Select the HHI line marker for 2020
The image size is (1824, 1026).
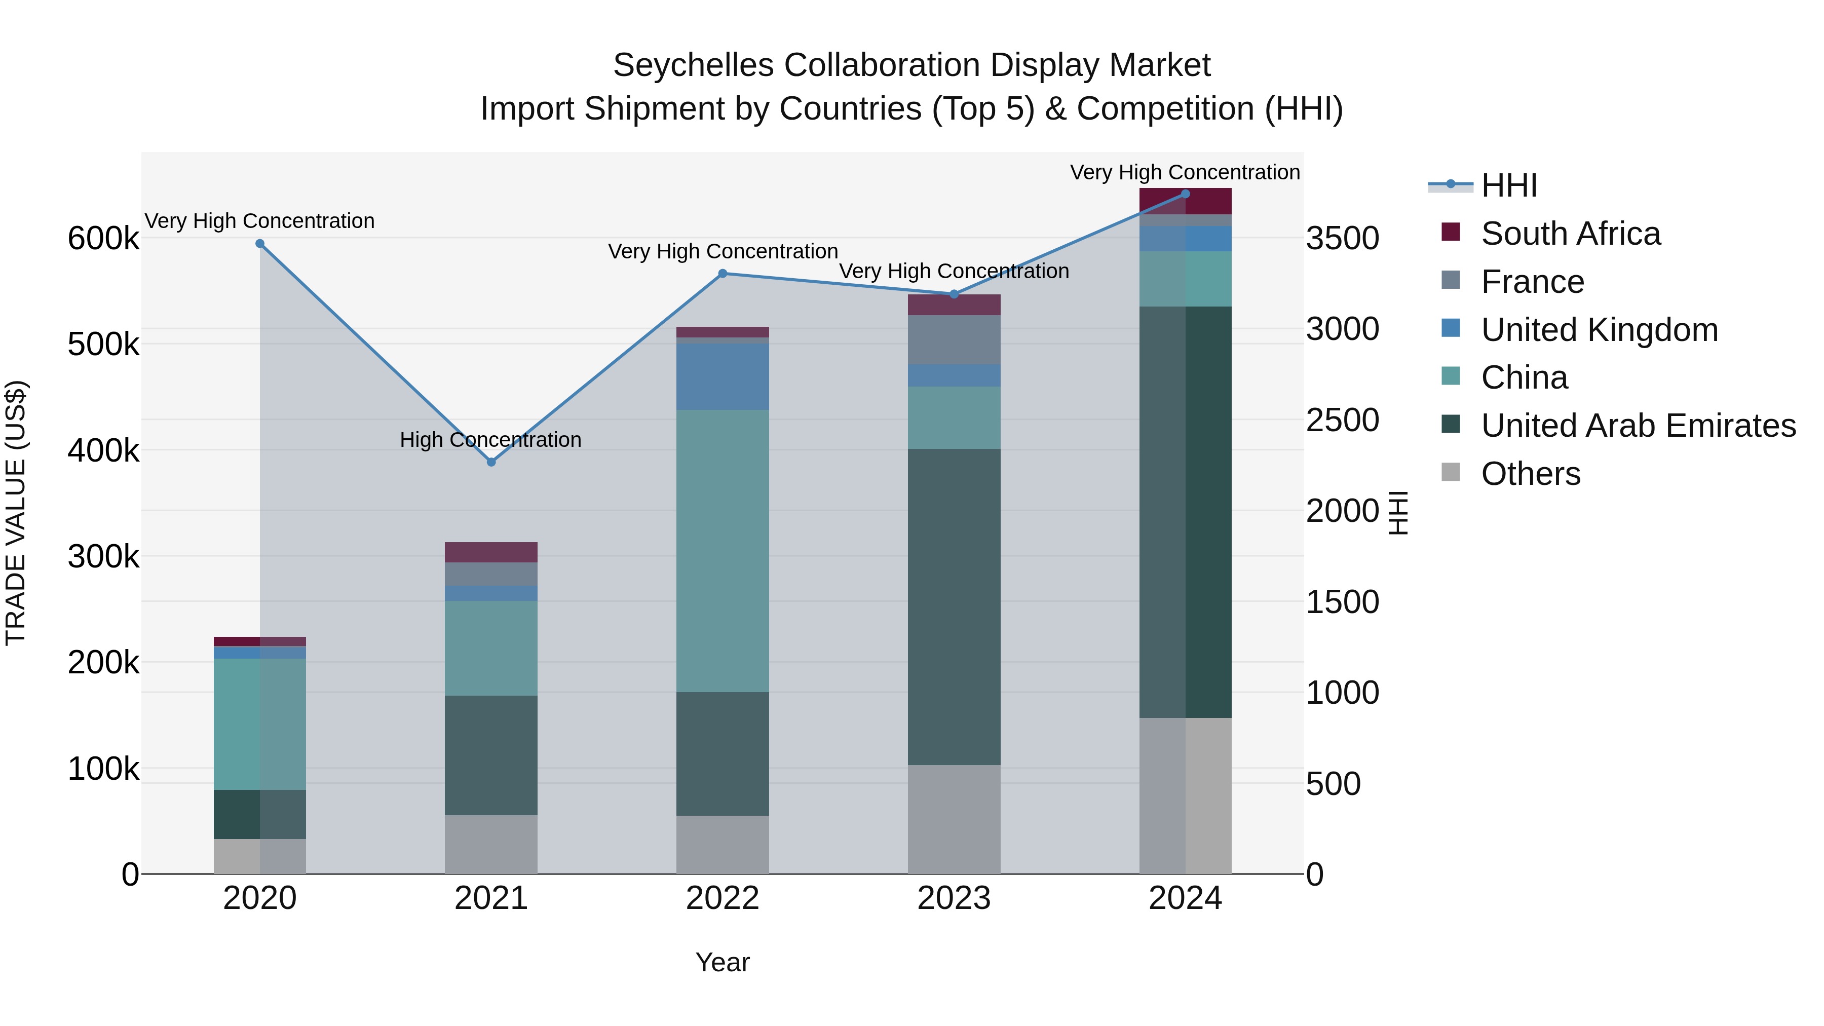click(x=260, y=244)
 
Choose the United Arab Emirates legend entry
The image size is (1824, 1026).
click(x=1637, y=426)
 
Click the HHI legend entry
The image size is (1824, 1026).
click(x=1508, y=185)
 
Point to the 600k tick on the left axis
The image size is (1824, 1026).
click(x=103, y=239)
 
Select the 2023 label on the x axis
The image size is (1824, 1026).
click(x=953, y=898)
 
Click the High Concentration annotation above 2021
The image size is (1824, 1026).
click(x=490, y=440)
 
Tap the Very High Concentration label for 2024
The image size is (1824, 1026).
click(x=1184, y=172)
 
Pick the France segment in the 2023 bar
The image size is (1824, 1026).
click(x=953, y=340)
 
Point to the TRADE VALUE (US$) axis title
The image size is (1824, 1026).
click(x=16, y=513)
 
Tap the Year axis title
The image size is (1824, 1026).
click(x=722, y=962)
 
